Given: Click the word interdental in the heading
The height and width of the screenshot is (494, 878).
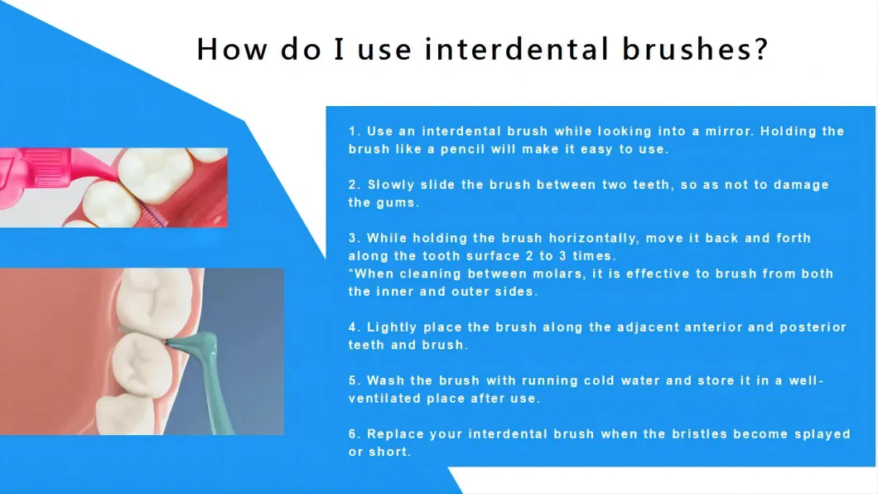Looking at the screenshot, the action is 516,49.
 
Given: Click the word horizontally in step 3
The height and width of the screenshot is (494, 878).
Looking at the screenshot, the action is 594,238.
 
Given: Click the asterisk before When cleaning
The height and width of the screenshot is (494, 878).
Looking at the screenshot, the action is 351,272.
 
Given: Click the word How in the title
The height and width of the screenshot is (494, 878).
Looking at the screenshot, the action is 232,49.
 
